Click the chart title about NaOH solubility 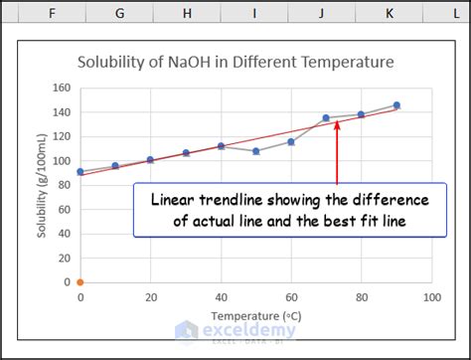[235, 62]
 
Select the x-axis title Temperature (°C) [255, 315]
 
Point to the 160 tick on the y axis [62, 88]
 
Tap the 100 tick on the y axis [62, 160]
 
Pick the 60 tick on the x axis [290, 297]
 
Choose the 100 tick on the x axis [430, 297]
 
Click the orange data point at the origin [80, 282]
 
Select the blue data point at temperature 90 [396, 105]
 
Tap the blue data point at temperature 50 [255, 151]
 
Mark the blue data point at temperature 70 [326, 118]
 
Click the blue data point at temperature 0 [80, 172]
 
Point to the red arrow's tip [337, 123]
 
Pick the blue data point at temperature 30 [186, 153]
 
